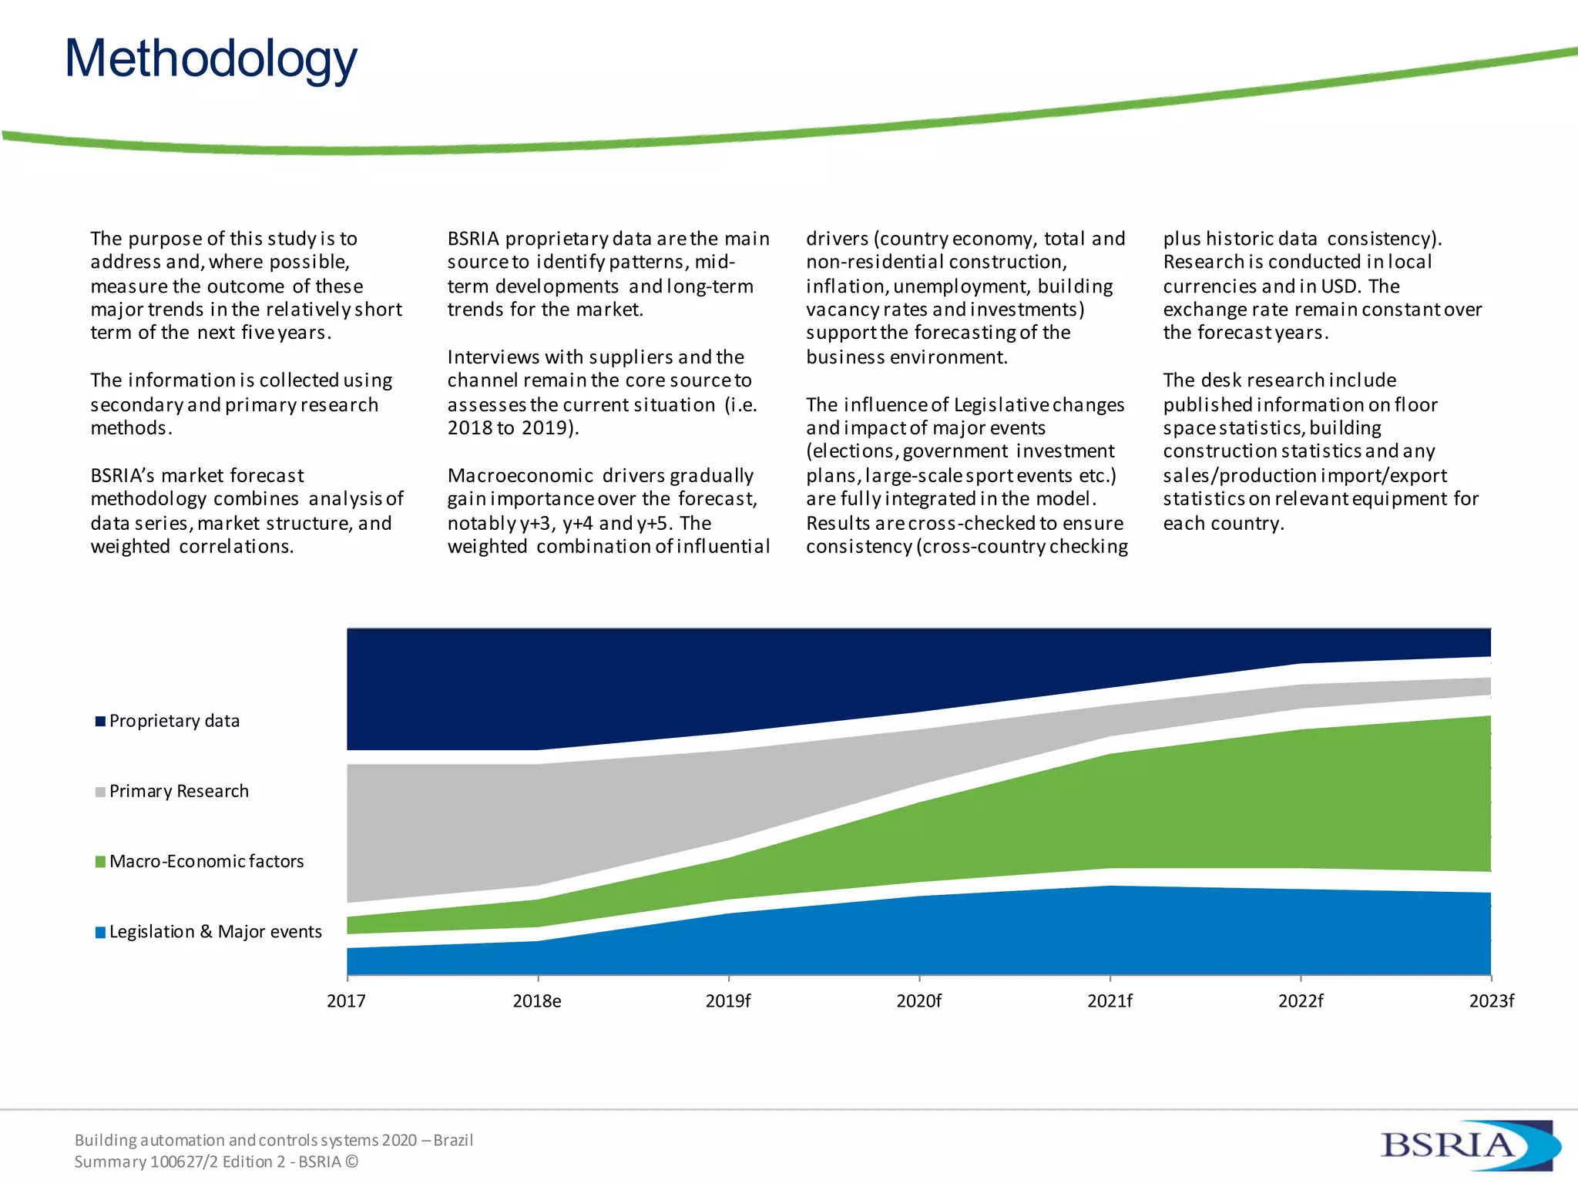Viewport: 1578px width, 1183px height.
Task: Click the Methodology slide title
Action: (210, 59)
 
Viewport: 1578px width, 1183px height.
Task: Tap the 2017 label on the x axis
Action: (346, 1000)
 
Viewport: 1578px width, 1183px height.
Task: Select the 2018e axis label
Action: (537, 1000)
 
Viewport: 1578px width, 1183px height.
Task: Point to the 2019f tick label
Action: (728, 1000)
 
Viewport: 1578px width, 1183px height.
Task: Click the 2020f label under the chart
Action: (918, 1000)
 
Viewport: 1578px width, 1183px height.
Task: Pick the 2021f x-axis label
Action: (1110, 1000)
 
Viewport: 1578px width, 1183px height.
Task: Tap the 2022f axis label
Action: (1301, 1000)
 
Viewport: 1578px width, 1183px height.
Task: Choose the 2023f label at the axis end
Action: (1491, 1000)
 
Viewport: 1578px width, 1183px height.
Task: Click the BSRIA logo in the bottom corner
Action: (1468, 1145)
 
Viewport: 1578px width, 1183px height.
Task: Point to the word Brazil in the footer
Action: (453, 1140)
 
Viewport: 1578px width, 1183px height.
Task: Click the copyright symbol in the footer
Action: (351, 1161)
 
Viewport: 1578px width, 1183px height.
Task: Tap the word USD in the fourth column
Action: (1338, 287)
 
